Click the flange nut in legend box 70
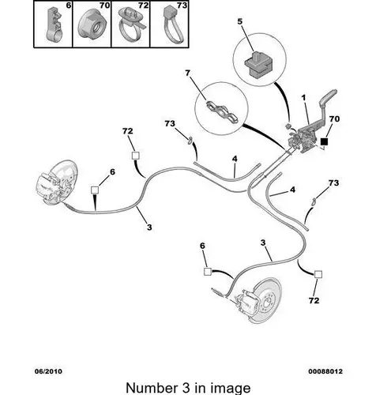[x=92, y=26]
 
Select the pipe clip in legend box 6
[x=55, y=25]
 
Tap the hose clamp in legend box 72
[x=131, y=26]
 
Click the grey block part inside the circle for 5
[x=258, y=65]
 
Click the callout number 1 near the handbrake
[x=303, y=98]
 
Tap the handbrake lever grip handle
[x=328, y=96]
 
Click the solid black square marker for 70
[x=324, y=141]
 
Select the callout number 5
[x=239, y=21]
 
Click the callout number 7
[x=187, y=73]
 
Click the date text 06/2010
[x=49, y=371]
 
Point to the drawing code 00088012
[x=325, y=371]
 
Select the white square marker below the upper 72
[x=135, y=156]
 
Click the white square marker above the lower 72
[x=318, y=274]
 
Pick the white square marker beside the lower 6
[x=208, y=272]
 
